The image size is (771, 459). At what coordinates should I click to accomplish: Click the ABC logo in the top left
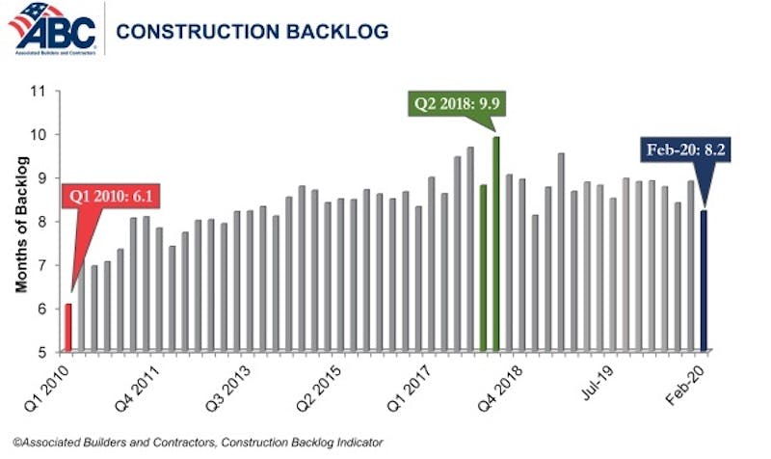tap(52, 29)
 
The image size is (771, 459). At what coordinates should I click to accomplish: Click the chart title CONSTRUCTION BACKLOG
tap(252, 32)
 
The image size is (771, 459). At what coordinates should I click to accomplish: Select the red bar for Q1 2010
tap(68, 327)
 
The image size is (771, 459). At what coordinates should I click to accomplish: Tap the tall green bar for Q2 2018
tap(496, 243)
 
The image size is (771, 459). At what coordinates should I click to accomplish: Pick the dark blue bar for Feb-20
tap(704, 281)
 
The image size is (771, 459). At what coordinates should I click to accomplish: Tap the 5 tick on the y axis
tap(42, 352)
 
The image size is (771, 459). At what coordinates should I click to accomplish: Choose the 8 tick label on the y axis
tap(42, 222)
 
